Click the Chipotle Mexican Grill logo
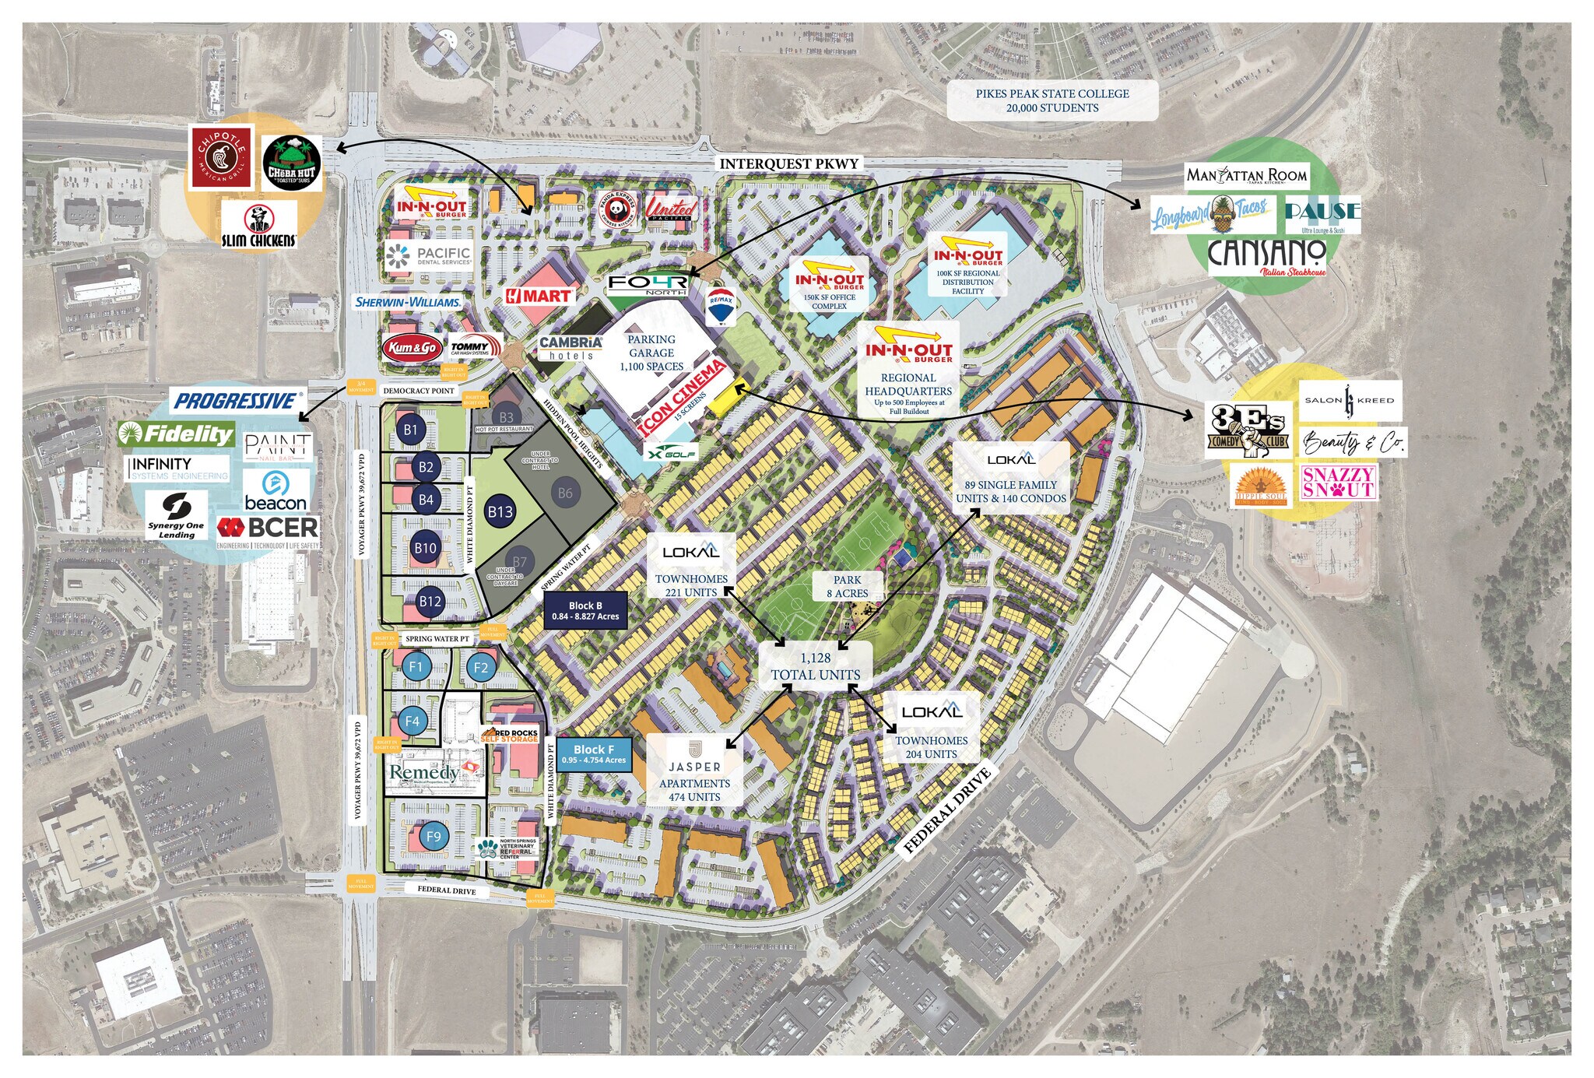tap(222, 158)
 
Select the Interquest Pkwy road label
tap(788, 163)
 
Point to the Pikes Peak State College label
tap(1052, 100)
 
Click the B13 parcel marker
tap(500, 511)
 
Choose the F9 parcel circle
tap(434, 837)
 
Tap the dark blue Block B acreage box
tap(585, 611)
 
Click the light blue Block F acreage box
tap(593, 754)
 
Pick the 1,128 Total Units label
tap(815, 666)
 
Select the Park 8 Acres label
tap(847, 586)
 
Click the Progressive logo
tap(236, 401)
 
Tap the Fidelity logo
tap(177, 434)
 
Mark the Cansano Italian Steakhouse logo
tap(1266, 257)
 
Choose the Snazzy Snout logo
tap(1338, 482)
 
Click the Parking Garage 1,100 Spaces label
tap(651, 353)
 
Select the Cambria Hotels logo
tap(571, 347)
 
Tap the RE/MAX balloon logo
tap(721, 305)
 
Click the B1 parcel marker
tap(411, 430)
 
